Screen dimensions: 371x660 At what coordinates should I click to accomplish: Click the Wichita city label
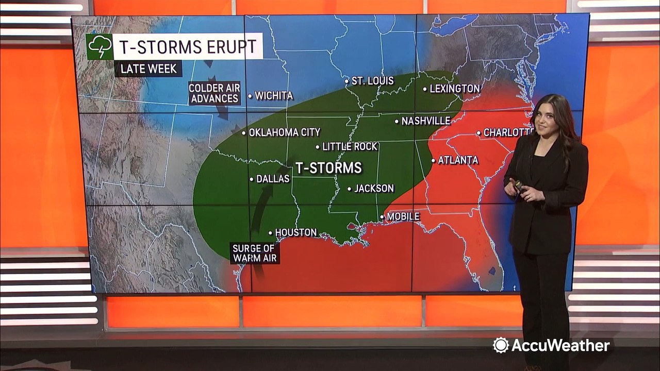coord(273,95)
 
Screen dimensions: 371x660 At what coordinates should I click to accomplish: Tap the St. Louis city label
coord(372,81)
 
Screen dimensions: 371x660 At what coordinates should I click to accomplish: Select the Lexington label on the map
coord(454,89)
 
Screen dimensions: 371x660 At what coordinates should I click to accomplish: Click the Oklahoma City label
coord(284,132)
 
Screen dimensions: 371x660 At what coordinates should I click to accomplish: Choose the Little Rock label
coord(350,147)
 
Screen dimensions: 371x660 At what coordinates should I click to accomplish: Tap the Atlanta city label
coord(458,160)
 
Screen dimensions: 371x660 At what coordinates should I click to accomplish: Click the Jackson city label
coord(374,189)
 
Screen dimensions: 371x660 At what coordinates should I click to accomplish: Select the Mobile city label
coord(403,216)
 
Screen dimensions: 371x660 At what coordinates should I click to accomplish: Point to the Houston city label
coord(295,232)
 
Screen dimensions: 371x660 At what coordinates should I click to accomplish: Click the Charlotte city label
coord(507,132)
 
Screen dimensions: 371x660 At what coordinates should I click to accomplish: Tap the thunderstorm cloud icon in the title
coord(100,47)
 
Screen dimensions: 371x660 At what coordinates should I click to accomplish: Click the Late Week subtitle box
coord(148,69)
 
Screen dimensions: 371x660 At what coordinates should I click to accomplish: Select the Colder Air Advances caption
coord(214,93)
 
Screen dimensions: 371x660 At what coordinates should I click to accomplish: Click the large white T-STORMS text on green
coord(328,168)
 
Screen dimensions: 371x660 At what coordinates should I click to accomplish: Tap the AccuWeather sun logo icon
coord(500,345)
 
